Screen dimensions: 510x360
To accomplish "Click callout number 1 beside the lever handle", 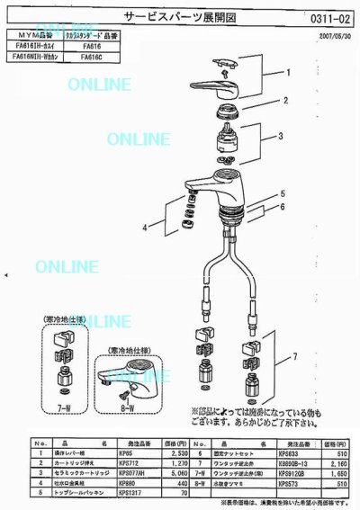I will click(x=290, y=71).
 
